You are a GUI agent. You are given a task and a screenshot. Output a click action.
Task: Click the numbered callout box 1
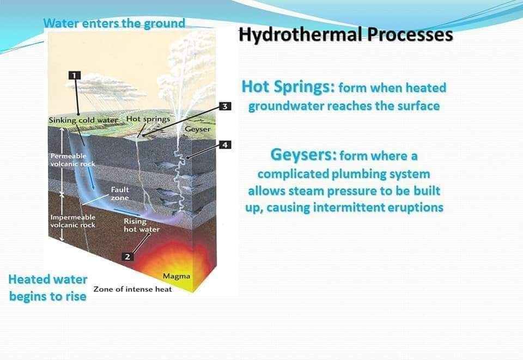(75, 75)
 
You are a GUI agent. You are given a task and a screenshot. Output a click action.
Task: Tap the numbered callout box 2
(127, 257)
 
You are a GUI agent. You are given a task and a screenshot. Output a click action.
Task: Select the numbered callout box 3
(224, 106)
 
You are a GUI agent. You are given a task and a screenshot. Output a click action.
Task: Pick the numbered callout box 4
(224, 145)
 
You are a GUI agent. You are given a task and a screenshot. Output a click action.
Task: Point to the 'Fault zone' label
(120, 194)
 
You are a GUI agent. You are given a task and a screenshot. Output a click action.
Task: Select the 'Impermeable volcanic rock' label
(72, 221)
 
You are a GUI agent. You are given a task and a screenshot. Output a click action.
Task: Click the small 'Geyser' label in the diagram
(197, 130)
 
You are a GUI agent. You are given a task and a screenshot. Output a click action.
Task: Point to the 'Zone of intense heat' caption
(132, 289)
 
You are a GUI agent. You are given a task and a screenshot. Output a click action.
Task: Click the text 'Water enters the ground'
(114, 23)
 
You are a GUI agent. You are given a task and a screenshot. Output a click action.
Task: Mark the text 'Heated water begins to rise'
(47, 288)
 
